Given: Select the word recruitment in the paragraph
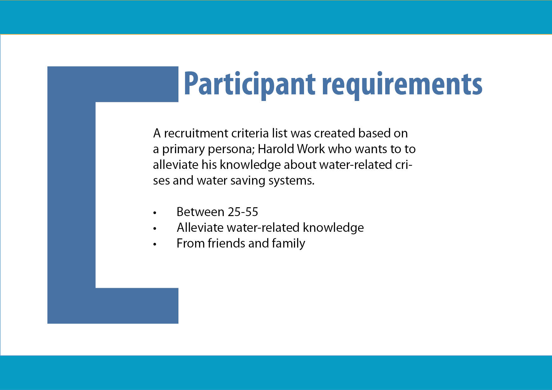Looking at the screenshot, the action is [x=196, y=133].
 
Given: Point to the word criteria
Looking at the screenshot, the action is [x=250, y=133].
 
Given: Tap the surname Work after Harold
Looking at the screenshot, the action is [x=311, y=149].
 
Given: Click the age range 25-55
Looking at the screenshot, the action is [x=243, y=212].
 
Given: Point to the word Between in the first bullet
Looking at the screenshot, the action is [x=200, y=212].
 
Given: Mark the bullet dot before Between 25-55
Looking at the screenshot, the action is [x=155, y=213].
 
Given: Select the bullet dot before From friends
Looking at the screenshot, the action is [x=155, y=244].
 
